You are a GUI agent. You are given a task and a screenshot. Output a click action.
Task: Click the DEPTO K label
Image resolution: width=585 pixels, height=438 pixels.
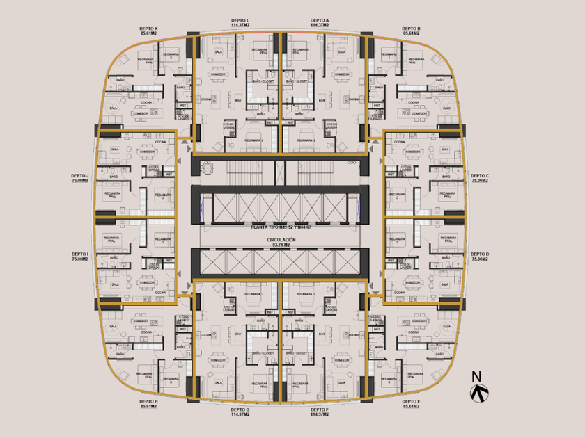tap(148, 29)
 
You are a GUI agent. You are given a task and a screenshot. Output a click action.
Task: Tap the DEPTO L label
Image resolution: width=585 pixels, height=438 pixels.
tap(241, 21)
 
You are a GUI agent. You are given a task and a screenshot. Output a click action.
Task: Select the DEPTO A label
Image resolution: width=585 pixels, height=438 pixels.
tap(320, 21)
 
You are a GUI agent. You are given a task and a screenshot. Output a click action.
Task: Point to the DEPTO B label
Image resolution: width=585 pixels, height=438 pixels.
tap(411, 29)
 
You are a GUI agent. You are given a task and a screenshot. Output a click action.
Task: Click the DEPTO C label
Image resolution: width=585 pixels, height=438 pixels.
tap(480, 175)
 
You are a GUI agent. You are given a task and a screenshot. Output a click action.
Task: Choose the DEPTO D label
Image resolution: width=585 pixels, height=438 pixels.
tap(480, 254)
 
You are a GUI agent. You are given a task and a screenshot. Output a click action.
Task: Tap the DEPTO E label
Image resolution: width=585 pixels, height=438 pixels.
tap(411, 401)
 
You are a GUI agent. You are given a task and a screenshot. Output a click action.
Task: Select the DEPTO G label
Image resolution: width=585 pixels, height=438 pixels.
tap(241, 410)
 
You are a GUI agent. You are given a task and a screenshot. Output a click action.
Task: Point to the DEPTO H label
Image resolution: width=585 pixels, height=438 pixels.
tap(148, 401)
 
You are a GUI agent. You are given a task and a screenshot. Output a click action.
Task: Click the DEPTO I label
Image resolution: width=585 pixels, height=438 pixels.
tap(80, 254)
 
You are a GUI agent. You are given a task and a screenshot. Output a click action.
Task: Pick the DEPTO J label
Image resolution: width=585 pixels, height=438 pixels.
tap(80, 175)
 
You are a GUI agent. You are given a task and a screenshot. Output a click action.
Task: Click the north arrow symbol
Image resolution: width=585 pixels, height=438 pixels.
tap(480, 394)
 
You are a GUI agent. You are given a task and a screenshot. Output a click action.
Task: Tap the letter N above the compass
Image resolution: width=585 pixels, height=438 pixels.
tap(477, 377)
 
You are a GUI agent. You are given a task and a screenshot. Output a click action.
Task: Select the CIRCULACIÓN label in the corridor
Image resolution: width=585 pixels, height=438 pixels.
tap(281, 239)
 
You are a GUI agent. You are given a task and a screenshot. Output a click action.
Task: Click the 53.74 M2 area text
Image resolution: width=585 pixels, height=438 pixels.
tap(281, 245)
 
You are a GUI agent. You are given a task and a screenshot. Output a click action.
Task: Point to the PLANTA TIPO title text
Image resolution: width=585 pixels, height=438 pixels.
tap(281, 227)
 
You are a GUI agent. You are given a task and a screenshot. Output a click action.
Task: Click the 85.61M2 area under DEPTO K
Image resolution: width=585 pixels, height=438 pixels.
tap(148, 33)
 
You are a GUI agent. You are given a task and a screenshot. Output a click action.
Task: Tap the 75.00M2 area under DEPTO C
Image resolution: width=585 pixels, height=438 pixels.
tap(480, 180)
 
